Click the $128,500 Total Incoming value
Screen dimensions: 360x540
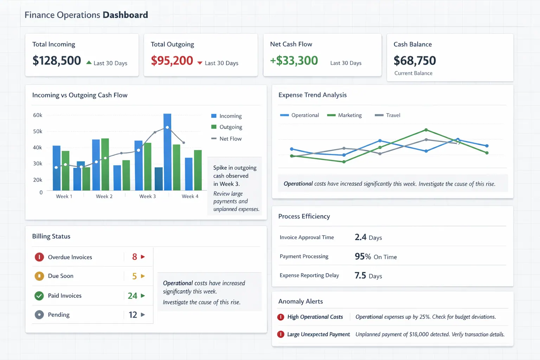pyautogui.click(x=57, y=61)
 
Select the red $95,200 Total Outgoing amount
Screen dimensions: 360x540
pyautogui.click(x=172, y=61)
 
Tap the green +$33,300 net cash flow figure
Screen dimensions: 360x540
pyautogui.click(x=294, y=61)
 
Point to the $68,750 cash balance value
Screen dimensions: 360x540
pyautogui.click(x=414, y=61)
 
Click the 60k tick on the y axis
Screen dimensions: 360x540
pyautogui.click(x=38, y=115)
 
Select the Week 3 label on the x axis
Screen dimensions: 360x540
pyautogui.click(x=147, y=197)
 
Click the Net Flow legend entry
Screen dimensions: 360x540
pyautogui.click(x=230, y=139)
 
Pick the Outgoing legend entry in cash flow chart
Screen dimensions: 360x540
pyautogui.click(x=231, y=127)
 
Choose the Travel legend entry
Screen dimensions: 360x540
pyautogui.click(x=393, y=115)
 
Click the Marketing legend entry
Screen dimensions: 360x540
pyautogui.click(x=349, y=115)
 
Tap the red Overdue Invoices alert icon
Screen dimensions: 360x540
pyautogui.click(x=39, y=257)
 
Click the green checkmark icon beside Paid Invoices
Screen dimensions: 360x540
pyautogui.click(x=39, y=296)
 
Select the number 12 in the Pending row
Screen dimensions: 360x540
pyautogui.click(x=133, y=315)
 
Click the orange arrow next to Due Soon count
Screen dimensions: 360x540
pyautogui.click(x=143, y=276)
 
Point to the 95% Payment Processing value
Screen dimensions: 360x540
pyautogui.click(x=362, y=257)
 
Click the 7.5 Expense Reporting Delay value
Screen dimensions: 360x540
pyautogui.click(x=360, y=276)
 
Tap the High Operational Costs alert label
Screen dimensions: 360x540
pyautogui.click(x=315, y=317)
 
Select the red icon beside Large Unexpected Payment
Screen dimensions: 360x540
pyautogui.click(x=281, y=334)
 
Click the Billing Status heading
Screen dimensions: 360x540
pyautogui.click(x=51, y=237)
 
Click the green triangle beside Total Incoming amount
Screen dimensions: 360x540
pyautogui.click(x=89, y=63)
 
